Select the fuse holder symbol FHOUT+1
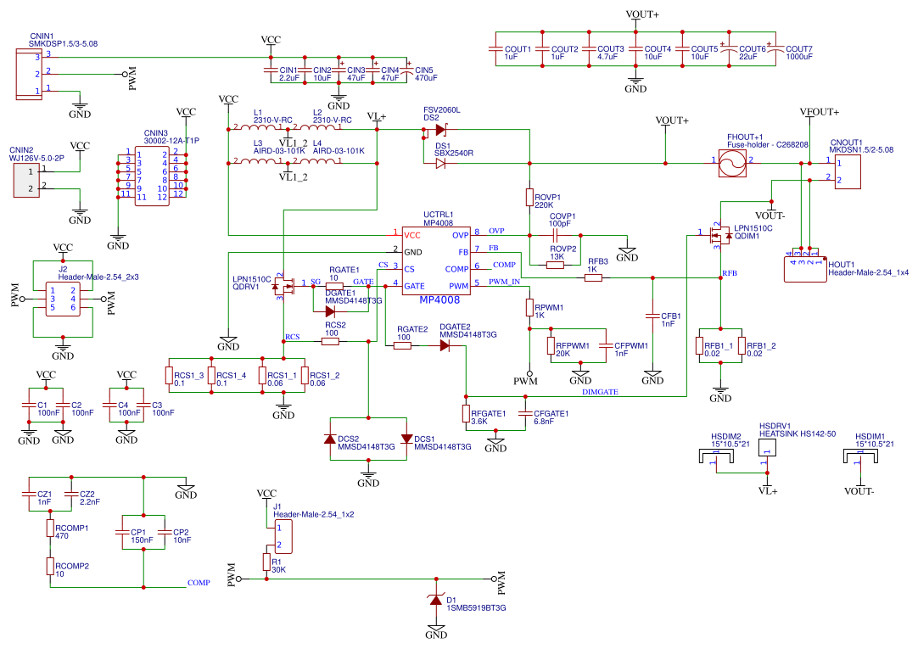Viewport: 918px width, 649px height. point(731,161)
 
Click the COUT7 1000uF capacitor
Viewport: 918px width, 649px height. point(770,51)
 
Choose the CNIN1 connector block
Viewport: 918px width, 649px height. point(27,74)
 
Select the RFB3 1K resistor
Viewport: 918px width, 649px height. point(593,277)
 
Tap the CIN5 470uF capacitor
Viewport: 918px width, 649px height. point(408,71)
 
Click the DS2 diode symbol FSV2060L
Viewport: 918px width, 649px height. point(440,130)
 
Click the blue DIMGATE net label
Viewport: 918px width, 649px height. point(600,392)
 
